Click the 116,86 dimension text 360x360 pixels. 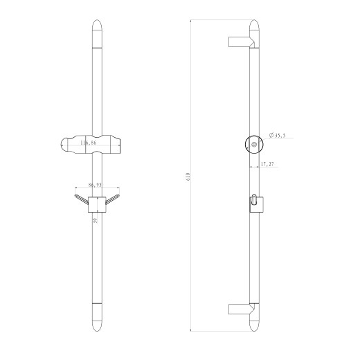[89, 143]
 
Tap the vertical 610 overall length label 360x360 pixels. [188, 178]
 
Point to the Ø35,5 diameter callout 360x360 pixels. [278, 136]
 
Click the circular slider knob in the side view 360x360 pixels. [254, 144]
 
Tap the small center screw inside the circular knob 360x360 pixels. [254, 144]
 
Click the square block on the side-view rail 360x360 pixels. [255, 204]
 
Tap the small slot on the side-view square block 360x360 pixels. [254, 201]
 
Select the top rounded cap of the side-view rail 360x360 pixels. [255, 29]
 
